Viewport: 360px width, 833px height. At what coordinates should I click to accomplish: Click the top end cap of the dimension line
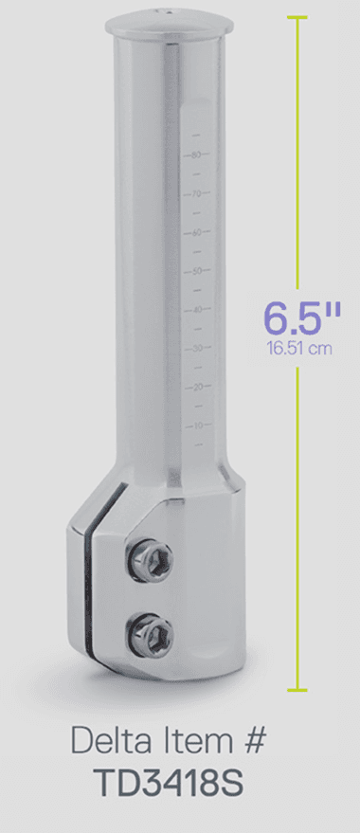pyautogui.click(x=299, y=18)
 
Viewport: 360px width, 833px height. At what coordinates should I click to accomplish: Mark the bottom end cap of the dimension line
pyautogui.click(x=299, y=690)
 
